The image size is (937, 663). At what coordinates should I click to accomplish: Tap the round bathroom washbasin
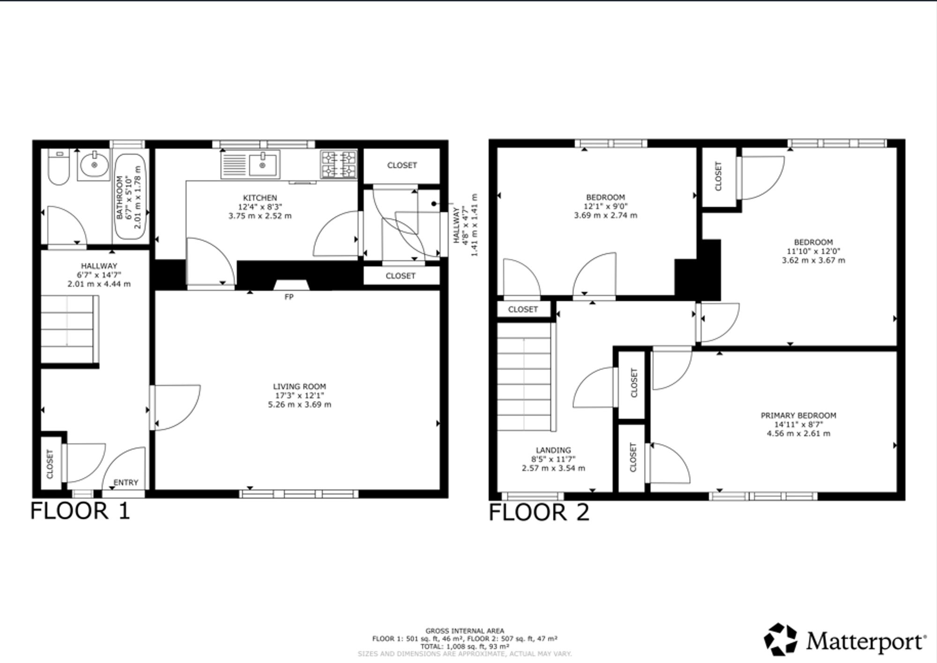pos(94,165)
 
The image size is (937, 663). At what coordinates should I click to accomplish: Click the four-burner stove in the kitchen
pos(339,164)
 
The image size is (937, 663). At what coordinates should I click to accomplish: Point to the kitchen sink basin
pos(262,164)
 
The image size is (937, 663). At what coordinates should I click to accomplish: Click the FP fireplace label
pos(289,297)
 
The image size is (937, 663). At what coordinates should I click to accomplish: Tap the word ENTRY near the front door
pos(126,483)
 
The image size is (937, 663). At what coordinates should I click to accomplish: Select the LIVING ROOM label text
pos(299,387)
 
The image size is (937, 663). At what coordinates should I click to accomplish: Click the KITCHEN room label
pos(260,198)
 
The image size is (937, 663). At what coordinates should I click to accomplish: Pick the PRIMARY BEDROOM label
pos(798,415)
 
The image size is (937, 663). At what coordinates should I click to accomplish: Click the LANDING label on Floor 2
pos(554,450)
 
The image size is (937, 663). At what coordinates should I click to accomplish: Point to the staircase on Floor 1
pos(69,329)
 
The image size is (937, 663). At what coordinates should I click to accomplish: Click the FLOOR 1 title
pos(80,511)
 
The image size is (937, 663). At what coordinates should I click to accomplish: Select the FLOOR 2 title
pos(539,512)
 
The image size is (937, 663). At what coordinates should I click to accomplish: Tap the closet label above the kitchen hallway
pos(402,165)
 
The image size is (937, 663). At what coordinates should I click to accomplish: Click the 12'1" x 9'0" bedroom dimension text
pos(605,206)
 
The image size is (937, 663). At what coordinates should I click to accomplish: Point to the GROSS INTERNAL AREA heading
pos(465,631)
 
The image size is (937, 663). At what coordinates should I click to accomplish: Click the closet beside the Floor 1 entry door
pos(50,464)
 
